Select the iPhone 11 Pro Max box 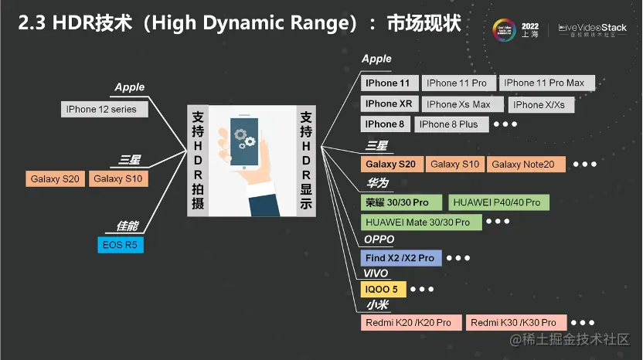point(546,83)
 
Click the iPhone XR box point(389,104)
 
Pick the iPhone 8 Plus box point(448,124)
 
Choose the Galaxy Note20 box point(526,164)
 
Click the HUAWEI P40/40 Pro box point(498,202)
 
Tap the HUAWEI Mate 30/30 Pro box point(418,222)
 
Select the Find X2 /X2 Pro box point(400,258)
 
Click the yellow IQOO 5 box point(382,290)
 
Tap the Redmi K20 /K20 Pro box point(411,322)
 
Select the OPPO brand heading point(379,239)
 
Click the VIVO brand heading point(376,273)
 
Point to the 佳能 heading point(127,226)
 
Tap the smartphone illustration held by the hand point(245,144)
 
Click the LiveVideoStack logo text point(593,27)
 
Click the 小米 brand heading point(376,306)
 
